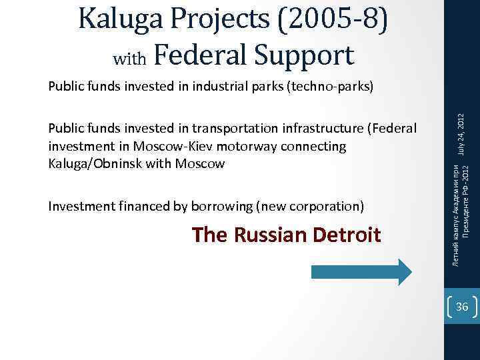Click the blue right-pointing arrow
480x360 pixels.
point(361,272)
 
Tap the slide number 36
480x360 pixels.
point(462,307)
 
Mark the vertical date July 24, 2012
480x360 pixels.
point(461,137)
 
